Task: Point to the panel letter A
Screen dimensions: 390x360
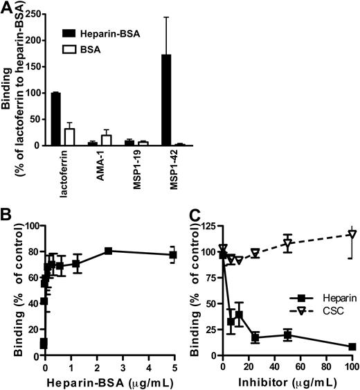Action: pos(9,8)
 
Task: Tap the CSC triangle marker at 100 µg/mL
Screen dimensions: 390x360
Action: pos(352,254)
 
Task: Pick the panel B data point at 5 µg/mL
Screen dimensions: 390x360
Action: pos(173,255)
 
